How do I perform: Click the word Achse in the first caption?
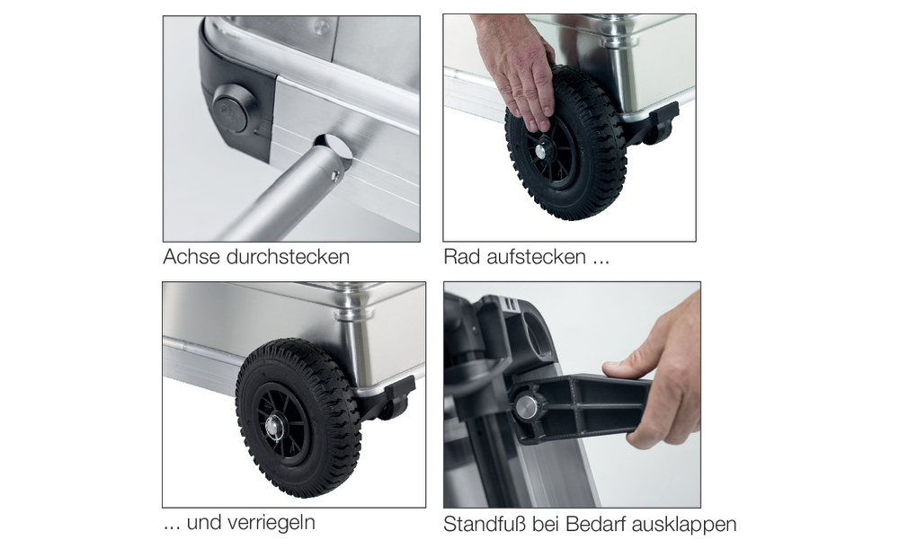pyautogui.click(x=191, y=256)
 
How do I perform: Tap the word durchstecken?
pyautogui.click(x=288, y=256)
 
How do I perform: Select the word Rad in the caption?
pyautogui.click(x=462, y=256)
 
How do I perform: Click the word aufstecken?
pyautogui.click(x=537, y=256)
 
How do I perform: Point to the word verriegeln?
pyautogui.click(x=271, y=523)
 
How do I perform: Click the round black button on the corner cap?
pyautogui.click(x=230, y=112)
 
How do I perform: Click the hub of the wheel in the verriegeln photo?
pyautogui.click(x=273, y=427)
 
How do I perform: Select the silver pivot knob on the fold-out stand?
pyautogui.click(x=524, y=407)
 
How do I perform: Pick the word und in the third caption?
pyautogui.click(x=203, y=523)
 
